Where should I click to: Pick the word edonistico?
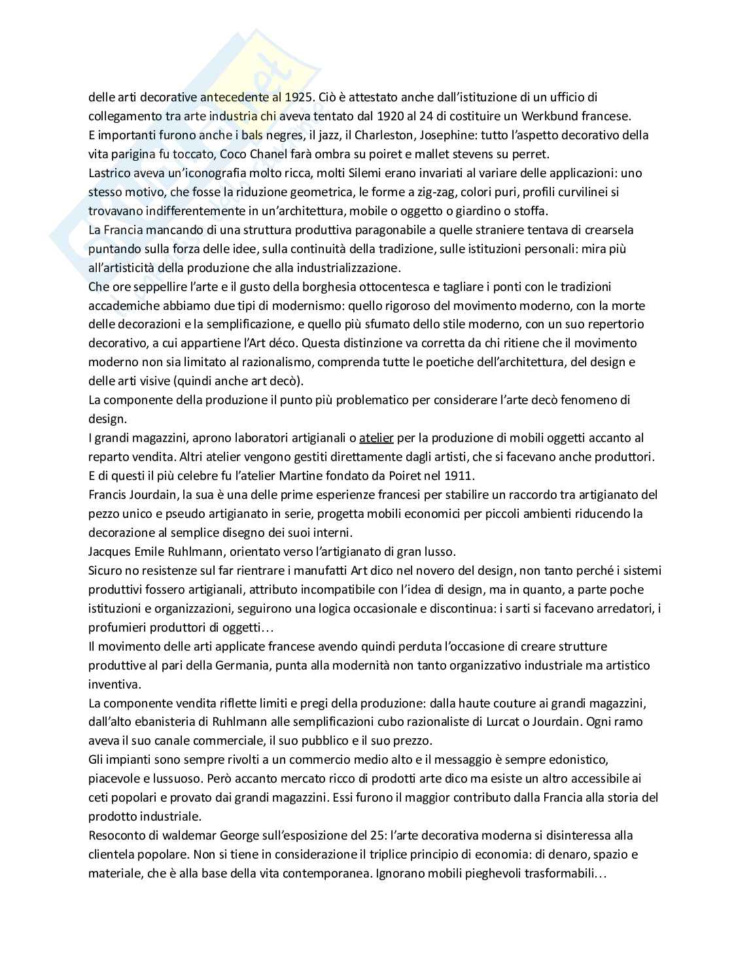coord(580,760)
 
